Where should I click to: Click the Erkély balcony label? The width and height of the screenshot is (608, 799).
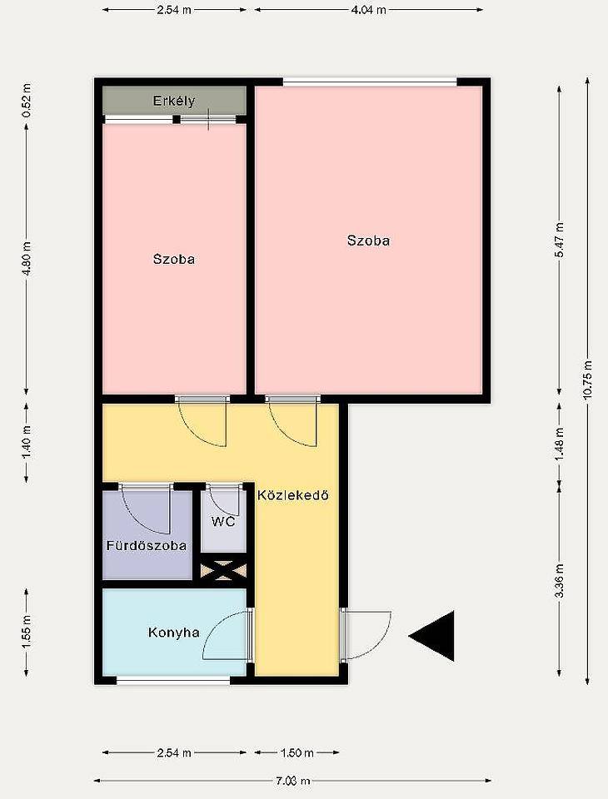(x=174, y=101)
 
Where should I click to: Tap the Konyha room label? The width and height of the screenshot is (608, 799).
(x=173, y=633)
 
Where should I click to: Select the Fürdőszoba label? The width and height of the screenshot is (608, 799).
(x=147, y=545)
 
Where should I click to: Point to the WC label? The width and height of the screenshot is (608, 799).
(x=223, y=521)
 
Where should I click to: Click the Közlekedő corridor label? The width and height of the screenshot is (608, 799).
(x=293, y=494)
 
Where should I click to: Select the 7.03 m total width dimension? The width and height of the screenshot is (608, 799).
(x=293, y=781)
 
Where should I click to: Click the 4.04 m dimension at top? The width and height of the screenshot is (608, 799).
(x=368, y=10)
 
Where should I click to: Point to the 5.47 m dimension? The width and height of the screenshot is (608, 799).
(x=560, y=240)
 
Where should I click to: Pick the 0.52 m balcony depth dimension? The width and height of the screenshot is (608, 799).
(x=27, y=101)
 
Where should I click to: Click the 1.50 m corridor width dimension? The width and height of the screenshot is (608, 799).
(x=297, y=752)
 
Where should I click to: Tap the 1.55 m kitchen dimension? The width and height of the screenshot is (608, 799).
(x=27, y=633)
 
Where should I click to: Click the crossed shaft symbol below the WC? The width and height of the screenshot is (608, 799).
(x=223, y=569)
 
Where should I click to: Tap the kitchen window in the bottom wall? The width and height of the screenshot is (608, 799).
(x=173, y=680)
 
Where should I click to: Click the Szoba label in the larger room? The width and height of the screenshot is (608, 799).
(x=368, y=241)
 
